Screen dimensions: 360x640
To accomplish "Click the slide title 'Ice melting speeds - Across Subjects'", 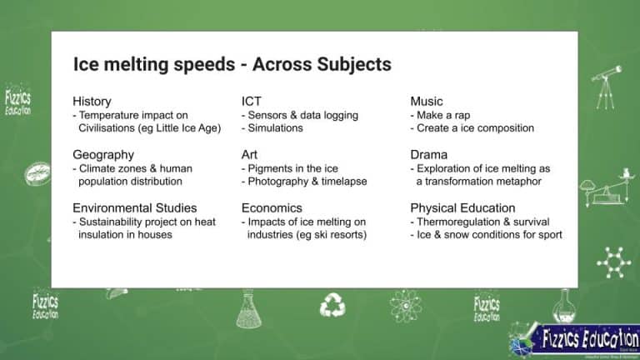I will click(x=232, y=64).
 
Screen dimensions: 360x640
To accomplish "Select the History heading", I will click(x=92, y=102).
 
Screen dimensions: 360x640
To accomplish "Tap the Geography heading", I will click(x=102, y=154).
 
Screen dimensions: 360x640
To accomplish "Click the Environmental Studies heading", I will click(x=135, y=207).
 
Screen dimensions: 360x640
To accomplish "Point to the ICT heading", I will click(x=252, y=102).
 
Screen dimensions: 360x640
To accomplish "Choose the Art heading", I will click(x=251, y=154).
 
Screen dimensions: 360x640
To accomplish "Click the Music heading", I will click(x=427, y=102).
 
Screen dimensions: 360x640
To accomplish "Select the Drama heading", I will click(x=428, y=154).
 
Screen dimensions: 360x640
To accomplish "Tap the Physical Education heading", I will click(x=462, y=207).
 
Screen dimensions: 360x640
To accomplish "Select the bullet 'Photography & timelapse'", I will click(x=307, y=181).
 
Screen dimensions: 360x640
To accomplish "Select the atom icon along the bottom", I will click(x=406, y=305).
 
